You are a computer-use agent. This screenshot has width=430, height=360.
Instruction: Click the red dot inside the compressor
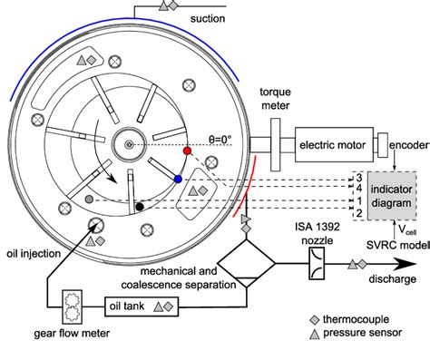pyautogui.click(x=187, y=150)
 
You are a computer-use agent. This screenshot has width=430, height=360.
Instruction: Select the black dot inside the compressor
pyautogui.click(x=139, y=206)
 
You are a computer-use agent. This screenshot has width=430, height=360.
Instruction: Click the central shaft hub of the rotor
pyautogui.click(x=129, y=145)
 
